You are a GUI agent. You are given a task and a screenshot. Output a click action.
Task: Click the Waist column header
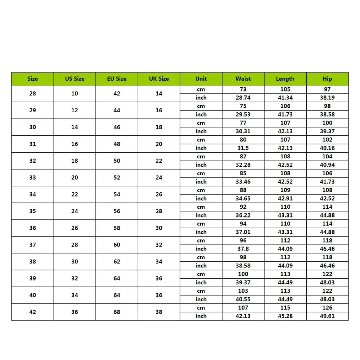click(243, 78)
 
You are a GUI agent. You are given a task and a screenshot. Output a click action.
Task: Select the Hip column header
click(327, 78)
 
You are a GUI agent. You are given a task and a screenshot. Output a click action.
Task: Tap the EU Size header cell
click(117, 78)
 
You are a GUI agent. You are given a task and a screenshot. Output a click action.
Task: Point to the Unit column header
click(201, 78)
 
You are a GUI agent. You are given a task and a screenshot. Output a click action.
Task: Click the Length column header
click(285, 78)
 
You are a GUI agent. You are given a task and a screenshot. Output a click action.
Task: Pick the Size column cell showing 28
click(32, 94)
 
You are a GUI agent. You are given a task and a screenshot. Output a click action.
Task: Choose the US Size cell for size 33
click(75, 177)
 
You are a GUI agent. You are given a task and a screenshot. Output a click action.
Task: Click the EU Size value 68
click(117, 312)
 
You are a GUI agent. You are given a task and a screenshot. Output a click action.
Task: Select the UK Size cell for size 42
click(159, 312)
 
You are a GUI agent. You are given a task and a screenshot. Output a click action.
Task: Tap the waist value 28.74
click(243, 98)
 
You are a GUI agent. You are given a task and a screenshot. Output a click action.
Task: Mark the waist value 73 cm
click(243, 89)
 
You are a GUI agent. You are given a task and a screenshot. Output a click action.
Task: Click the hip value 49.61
click(327, 316)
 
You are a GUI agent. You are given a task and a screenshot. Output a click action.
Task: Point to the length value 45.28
click(285, 316)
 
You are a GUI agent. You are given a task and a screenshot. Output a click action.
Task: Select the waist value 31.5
click(243, 148)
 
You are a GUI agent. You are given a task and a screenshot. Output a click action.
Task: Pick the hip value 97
click(327, 89)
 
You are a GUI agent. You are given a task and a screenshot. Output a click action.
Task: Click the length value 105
click(285, 89)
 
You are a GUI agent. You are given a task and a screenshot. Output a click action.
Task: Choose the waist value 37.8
click(243, 249)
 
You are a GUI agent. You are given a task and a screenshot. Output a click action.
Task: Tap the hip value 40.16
click(327, 148)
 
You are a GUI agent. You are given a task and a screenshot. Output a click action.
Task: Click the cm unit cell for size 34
click(201, 190)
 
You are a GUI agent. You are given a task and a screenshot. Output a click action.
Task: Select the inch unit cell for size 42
click(201, 316)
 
